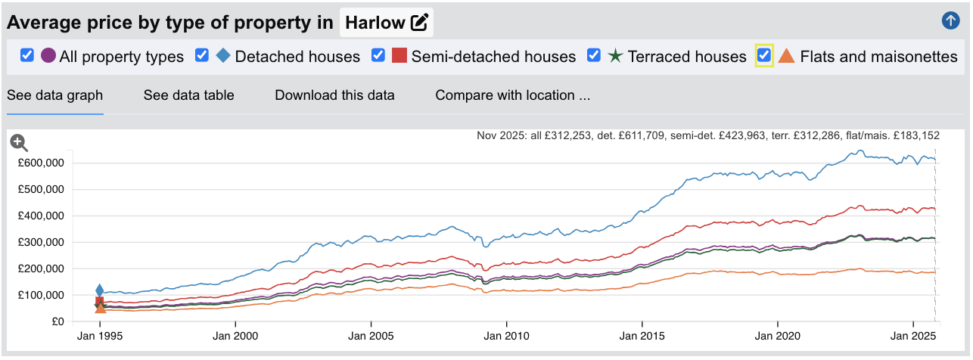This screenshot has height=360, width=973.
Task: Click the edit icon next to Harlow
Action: click(420, 23)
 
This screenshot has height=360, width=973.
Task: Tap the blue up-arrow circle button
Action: click(950, 21)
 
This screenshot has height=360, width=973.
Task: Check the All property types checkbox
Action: click(27, 55)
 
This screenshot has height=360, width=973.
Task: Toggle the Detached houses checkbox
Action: click(202, 55)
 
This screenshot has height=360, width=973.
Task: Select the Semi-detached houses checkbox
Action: click(378, 55)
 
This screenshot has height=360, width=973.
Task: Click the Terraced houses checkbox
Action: click(594, 55)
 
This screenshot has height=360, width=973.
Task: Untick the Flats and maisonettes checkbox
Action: click(764, 55)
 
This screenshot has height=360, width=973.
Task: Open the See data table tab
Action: click(188, 95)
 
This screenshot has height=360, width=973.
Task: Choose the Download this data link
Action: click(334, 95)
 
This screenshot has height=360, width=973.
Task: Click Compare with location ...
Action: click(512, 95)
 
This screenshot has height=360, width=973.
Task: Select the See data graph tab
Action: click(54, 95)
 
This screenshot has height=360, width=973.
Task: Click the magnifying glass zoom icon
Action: click(19, 142)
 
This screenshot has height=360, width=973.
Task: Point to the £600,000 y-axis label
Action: click(41, 163)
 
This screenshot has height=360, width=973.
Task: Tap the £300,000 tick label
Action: click(41, 242)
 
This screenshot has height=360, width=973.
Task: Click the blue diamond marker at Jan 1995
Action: click(100, 290)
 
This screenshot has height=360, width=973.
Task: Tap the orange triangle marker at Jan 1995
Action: click(100, 307)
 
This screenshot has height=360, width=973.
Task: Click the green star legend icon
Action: click(615, 56)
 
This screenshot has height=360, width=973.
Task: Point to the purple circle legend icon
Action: click(48, 56)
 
